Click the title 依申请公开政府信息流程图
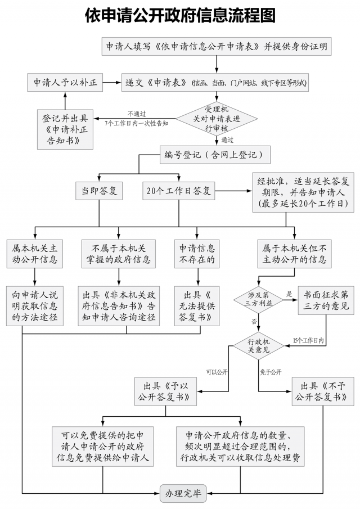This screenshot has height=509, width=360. [180, 15]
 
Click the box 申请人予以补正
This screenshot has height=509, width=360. [65, 83]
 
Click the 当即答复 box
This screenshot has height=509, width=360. [100, 191]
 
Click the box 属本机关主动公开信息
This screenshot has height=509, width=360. [35, 253]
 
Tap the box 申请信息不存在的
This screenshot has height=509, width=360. [197, 253]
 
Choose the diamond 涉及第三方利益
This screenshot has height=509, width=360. [259, 299]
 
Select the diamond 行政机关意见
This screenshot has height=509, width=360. [259, 344]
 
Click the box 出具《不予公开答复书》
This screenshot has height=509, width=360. [323, 391]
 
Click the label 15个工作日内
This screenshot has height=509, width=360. [309, 340]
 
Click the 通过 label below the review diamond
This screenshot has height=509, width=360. [227, 139]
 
